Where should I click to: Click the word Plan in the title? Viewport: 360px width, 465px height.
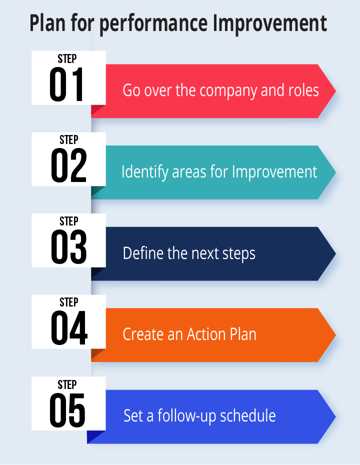[47, 23]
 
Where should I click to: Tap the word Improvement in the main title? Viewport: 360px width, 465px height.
[270, 23]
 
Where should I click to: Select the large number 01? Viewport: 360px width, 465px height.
[66, 84]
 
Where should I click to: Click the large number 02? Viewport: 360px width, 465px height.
[68, 165]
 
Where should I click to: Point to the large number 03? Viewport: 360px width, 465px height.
[68, 247]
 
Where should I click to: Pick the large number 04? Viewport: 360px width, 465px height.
[69, 328]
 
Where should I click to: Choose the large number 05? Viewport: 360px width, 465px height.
[67, 410]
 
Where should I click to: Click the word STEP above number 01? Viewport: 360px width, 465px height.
[67, 58]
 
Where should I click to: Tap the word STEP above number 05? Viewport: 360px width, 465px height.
[67, 384]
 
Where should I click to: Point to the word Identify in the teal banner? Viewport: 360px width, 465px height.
[144, 172]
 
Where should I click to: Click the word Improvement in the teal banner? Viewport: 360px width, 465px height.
[274, 172]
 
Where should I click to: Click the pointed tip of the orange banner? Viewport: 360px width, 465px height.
[335, 335]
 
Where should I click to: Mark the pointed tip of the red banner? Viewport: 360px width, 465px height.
[335, 91]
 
